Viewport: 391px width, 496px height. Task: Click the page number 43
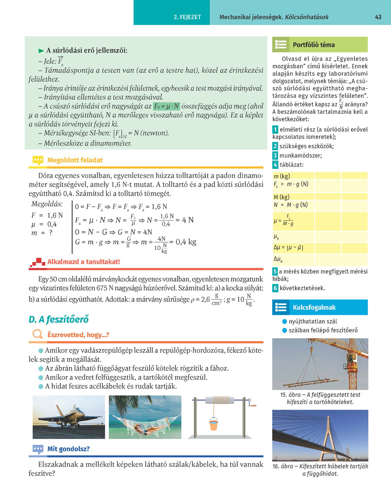tap(378, 17)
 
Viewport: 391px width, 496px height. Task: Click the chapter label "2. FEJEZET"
tap(187, 17)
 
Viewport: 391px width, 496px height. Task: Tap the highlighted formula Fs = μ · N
tap(166, 106)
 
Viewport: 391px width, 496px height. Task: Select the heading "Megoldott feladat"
tap(75, 160)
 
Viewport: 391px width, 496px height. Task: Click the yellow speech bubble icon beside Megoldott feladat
tap(38, 160)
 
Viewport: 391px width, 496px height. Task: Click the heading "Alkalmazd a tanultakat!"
tap(83, 262)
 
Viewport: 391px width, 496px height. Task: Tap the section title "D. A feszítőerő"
tap(59, 319)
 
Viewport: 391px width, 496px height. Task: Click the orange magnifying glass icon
tap(38, 334)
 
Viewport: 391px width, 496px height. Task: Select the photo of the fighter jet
tap(69, 417)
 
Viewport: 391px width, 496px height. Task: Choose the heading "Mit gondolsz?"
tap(68, 449)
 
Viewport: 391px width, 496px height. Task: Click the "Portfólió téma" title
tap(314, 45)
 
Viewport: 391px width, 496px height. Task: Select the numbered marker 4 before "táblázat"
tap(275, 165)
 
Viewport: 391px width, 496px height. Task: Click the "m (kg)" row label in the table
tap(282, 176)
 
